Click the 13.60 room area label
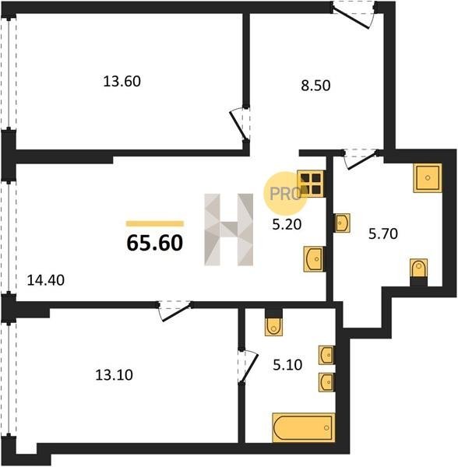point(122,81)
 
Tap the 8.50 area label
point(315,86)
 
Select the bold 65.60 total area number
point(155,243)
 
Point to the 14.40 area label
point(46,280)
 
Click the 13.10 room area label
point(114,375)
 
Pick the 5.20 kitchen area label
point(287,224)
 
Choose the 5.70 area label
point(383,233)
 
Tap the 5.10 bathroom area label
point(287,364)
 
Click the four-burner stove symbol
point(311,184)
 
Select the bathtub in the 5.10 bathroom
point(303,427)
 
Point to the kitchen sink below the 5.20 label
point(314,259)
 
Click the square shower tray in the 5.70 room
point(428,177)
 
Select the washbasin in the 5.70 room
point(342,223)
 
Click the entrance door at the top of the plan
point(354,14)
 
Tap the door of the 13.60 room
point(240,124)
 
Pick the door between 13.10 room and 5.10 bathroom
point(248,367)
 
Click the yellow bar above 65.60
point(155,223)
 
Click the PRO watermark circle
point(285,194)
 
